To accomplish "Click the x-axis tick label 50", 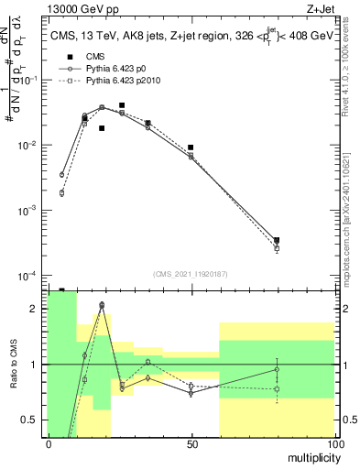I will pyautogui.click(x=191, y=443).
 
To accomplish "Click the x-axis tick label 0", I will pyautogui.click(x=49, y=443).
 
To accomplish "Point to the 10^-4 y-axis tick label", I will pyautogui.click(x=32, y=276).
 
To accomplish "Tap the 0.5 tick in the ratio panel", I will pyautogui.click(x=33, y=420).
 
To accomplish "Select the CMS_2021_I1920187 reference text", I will pyautogui.click(x=191, y=272).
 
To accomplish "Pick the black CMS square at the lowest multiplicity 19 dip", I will pyautogui.click(x=102, y=128).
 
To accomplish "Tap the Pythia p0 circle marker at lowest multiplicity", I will pyautogui.click(x=62, y=175).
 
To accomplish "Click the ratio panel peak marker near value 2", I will pyautogui.click(x=102, y=304).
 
